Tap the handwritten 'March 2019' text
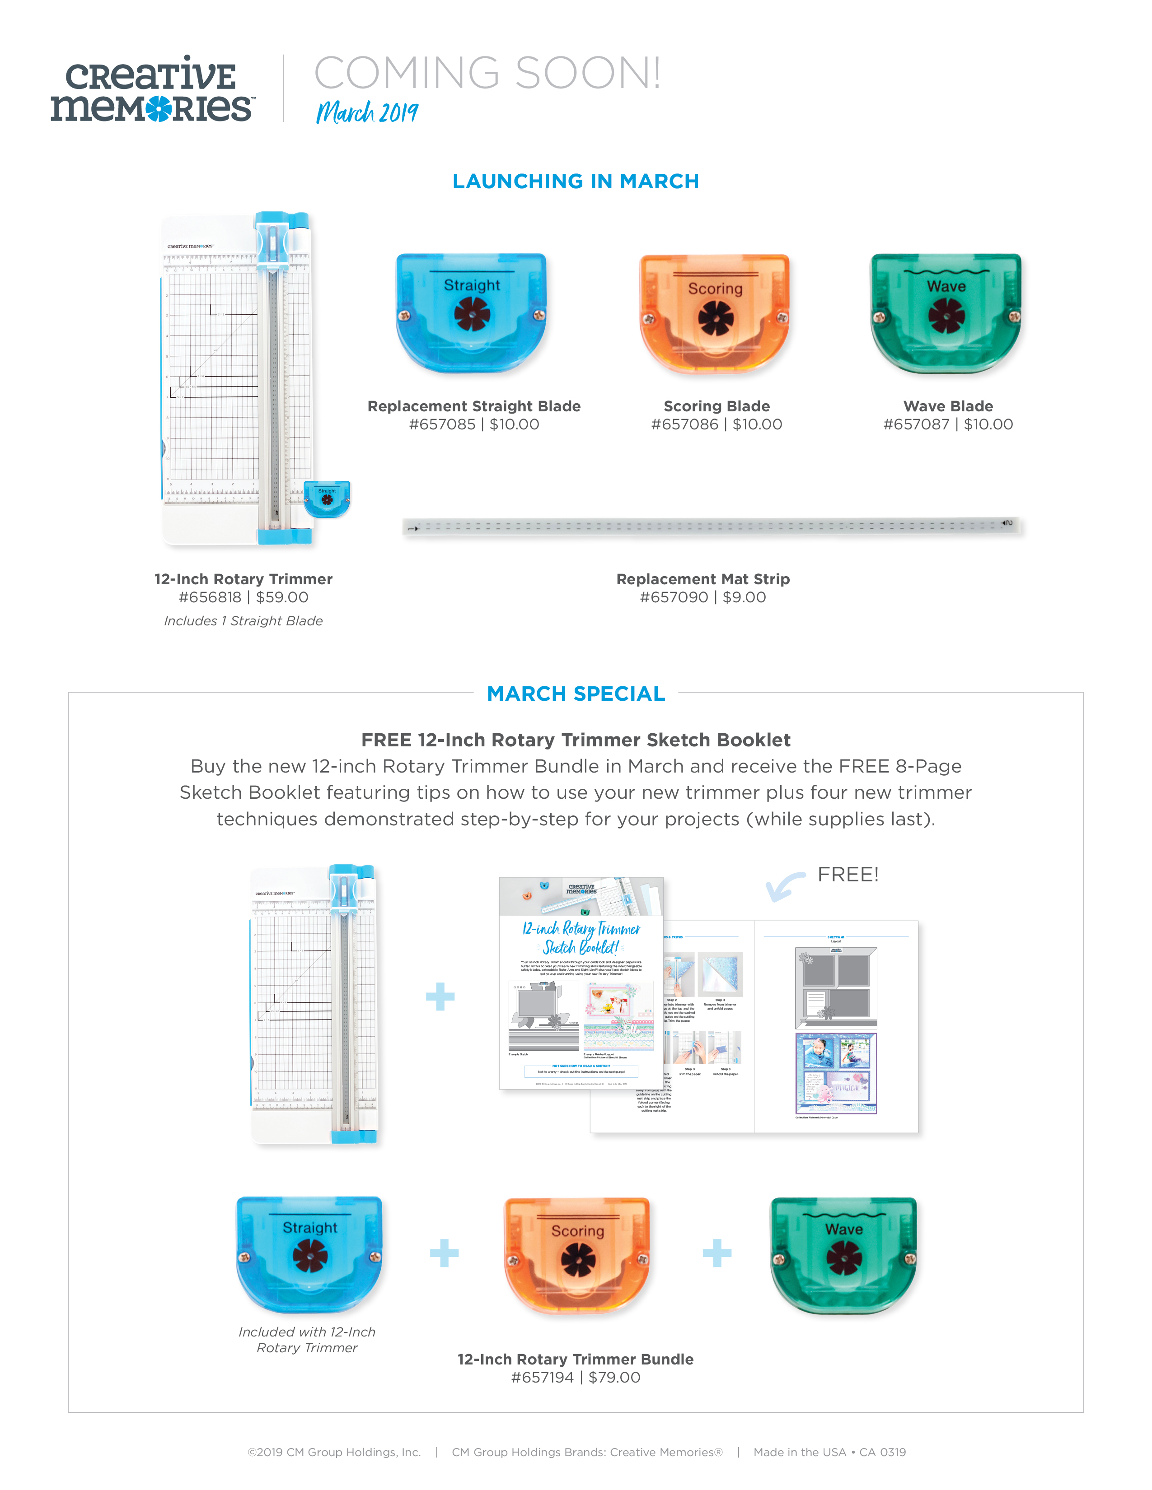366,112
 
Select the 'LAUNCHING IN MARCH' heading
575,182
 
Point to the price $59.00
282,598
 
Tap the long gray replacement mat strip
712,526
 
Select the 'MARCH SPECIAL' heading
575,694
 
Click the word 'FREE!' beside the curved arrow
848,875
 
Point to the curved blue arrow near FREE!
784,886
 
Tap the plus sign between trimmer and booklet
440,997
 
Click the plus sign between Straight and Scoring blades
444,1253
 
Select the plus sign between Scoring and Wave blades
716,1253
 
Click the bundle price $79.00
614,1378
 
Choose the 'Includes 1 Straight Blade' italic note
243,621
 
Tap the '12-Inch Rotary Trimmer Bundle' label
575,1359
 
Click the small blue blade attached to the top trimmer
327,499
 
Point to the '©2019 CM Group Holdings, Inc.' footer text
334,1453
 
